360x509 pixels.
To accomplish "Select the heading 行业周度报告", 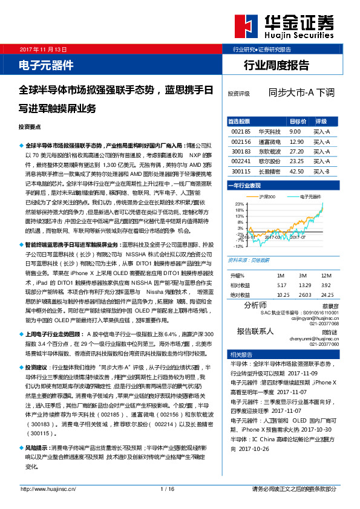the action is pos(276,65).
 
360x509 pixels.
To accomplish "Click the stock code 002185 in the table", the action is pos(241,131).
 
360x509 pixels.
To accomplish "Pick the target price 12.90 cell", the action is pos(296,141).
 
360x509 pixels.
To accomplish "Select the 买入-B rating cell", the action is pos(321,171).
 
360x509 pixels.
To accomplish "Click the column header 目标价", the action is pos(298,121).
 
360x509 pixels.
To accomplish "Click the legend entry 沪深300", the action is pos(268,197).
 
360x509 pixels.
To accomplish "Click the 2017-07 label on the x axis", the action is pos(298,238).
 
